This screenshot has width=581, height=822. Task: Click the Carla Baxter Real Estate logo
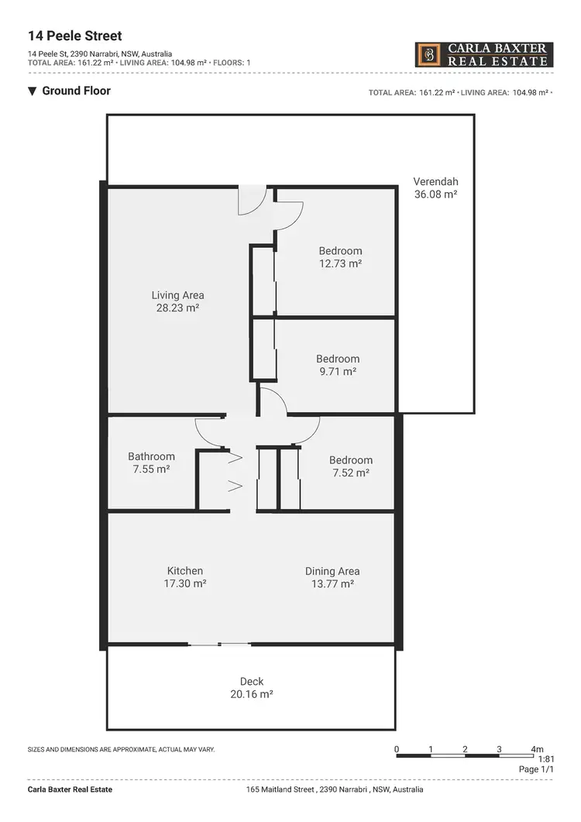coord(484,54)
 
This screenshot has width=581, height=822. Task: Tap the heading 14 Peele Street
coord(74,36)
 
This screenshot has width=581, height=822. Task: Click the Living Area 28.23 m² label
coord(177,301)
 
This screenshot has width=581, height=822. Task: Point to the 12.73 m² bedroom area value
coord(341,263)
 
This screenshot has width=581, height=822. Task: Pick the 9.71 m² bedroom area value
coord(337,372)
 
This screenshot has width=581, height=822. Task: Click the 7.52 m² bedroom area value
coord(350,473)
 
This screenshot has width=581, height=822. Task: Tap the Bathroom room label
coord(151,456)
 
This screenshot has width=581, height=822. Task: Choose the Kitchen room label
coord(185,571)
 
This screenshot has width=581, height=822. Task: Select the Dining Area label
coord(332,571)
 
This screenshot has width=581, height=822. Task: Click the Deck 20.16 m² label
coord(252,688)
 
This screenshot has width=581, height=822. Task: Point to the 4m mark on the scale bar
coord(538,749)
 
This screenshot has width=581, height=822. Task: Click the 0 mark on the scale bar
coord(397,749)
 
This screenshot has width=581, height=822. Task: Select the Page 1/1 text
coord(536,769)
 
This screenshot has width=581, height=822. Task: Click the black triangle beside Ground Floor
coord(32,91)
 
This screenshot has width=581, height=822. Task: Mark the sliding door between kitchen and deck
coord(219,644)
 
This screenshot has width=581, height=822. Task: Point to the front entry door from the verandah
coord(252,201)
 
